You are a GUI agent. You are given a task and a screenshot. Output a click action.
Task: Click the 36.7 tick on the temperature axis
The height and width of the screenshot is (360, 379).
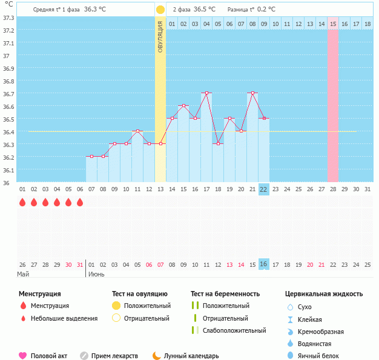point(7,94)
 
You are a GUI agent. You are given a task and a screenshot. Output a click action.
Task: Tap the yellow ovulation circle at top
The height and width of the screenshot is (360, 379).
point(160,10)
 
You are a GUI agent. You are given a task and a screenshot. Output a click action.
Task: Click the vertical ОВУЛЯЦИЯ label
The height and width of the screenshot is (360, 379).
point(160,36)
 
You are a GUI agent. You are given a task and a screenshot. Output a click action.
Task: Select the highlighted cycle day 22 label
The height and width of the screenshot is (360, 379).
point(263,189)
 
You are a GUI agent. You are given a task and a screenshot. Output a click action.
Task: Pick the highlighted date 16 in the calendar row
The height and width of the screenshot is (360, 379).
point(263,264)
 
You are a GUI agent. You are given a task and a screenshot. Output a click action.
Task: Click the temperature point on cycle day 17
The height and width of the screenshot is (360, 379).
point(206,93)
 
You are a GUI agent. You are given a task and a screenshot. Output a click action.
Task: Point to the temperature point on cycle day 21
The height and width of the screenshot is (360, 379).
point(252,93)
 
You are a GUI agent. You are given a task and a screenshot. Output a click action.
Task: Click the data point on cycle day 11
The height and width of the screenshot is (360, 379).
point(137,131)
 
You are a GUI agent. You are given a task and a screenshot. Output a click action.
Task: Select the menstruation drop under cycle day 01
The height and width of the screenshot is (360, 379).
point(22,202)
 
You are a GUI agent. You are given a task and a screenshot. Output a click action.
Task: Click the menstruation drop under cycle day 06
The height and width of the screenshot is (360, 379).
point(80,202)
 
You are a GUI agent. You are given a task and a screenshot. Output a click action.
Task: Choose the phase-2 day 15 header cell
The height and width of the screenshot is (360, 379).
point(333,24)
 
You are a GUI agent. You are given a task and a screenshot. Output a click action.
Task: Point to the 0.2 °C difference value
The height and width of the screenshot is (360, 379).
point(266,10)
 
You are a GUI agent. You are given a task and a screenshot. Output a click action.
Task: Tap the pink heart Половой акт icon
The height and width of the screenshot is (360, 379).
point(23,356)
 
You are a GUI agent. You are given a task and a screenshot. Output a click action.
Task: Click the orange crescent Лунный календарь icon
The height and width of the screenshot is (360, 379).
point(157,356)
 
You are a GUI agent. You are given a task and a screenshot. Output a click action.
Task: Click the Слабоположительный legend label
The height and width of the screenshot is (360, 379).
point(234,330)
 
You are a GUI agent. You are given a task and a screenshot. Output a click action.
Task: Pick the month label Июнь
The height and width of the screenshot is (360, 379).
point(96,274)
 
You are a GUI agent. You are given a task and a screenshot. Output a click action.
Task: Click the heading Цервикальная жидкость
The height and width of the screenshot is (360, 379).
point(324,293)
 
